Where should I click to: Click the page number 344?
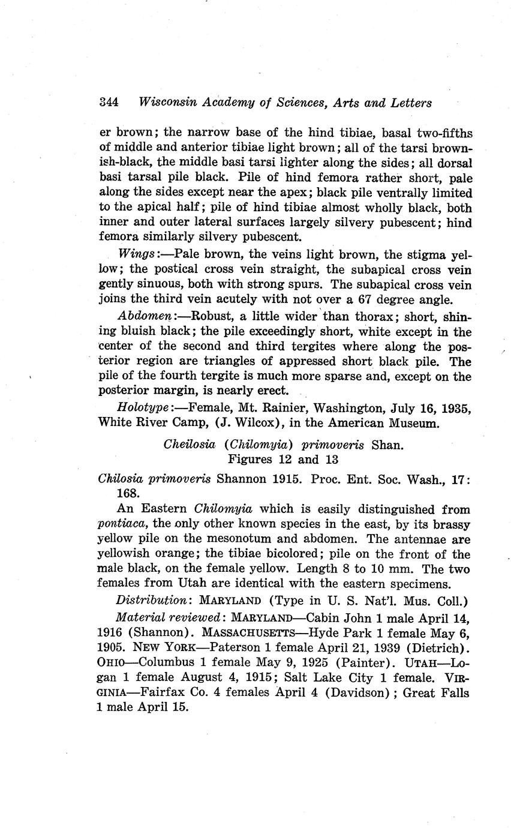[109, 102]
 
